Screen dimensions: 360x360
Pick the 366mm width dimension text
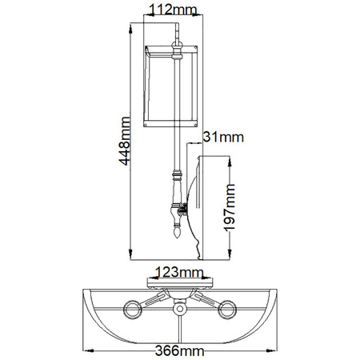179,350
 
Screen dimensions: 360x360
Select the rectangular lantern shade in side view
172,86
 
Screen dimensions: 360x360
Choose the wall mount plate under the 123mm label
179,284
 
